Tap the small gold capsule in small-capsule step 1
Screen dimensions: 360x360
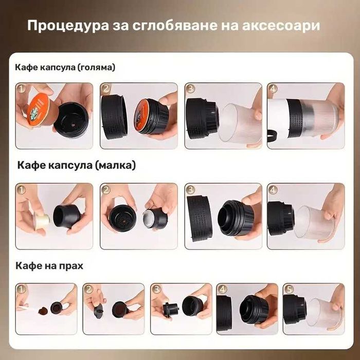tap(41, 222)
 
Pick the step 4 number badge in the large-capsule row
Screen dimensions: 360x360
tap(273, 89)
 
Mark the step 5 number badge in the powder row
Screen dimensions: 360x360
tap(288, 290)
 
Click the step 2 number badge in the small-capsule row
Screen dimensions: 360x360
tap(105, 190)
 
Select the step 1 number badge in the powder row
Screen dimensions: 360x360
tap(21, 290)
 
